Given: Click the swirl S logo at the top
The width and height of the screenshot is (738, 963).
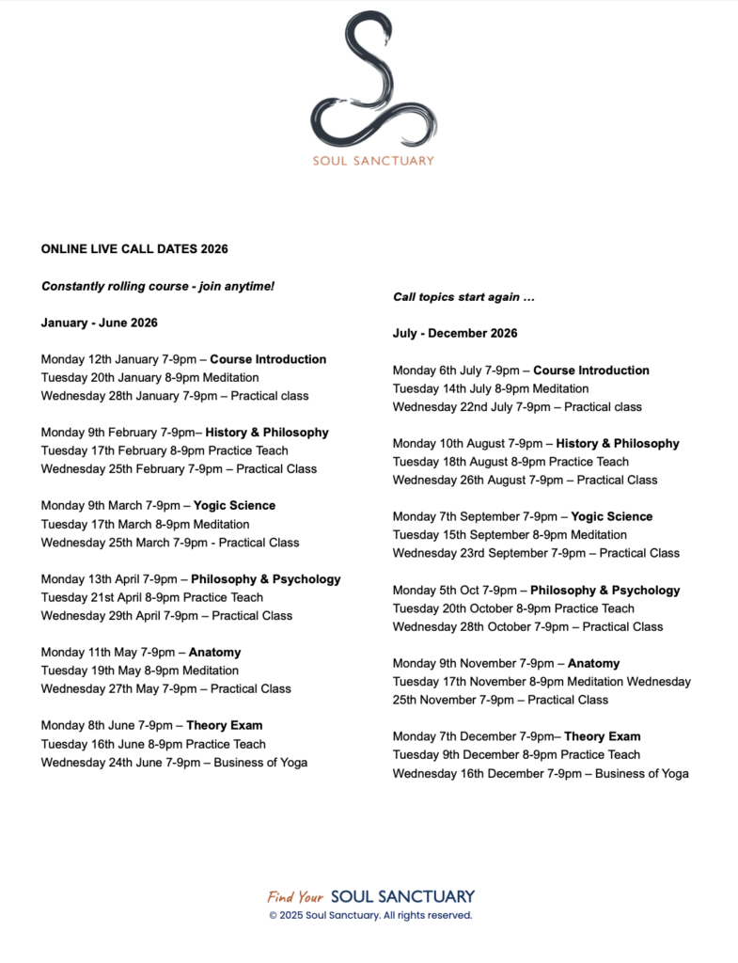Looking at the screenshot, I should [x=373, y=80].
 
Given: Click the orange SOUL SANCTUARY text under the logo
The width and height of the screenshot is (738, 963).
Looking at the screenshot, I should [x=373, y=161].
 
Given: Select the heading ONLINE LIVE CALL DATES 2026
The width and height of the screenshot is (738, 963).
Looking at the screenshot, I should [x=134, y=249].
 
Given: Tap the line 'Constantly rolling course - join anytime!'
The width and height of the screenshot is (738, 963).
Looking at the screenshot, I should [x=158, y=286].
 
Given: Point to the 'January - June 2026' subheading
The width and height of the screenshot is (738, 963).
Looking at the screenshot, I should [x=100, y=323].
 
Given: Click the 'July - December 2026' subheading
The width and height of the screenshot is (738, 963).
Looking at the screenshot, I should [x=455, y=333].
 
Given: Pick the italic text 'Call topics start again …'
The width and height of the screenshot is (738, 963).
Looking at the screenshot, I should [x=463, y=297].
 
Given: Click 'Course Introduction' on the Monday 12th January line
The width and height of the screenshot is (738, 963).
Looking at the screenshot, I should [x=268, y=359].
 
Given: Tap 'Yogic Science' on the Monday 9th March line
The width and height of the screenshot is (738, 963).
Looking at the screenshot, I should [x=234, y=506].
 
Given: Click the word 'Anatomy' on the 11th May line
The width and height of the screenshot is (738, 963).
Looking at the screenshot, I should [x=214, y=653].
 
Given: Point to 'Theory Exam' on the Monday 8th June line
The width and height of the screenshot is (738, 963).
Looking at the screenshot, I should [x=224, y=726].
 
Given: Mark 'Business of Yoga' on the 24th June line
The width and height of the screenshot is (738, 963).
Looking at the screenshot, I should [x=259, y=763].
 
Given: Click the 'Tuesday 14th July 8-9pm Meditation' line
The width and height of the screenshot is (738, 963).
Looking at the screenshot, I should [x=491, y=388].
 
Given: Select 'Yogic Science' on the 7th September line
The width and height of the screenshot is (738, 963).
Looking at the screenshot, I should [x=612, y=517].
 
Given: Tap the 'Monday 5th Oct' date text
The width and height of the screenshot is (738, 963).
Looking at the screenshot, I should [x=435, y=591].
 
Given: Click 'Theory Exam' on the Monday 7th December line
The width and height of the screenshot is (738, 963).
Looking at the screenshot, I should [x=602, y=737].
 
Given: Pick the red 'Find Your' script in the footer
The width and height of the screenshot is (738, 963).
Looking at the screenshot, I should [x=295, y=897].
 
